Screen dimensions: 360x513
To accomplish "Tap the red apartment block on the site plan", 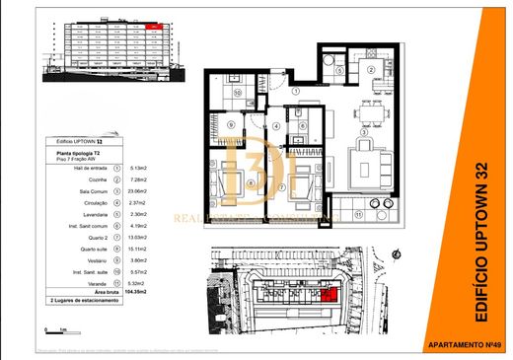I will coord(330,292).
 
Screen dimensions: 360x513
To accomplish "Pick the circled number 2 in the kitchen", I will coord(371,70).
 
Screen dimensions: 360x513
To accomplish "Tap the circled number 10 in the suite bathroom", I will coord(238,94).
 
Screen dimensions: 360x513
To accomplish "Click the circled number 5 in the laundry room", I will coord(338,71).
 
